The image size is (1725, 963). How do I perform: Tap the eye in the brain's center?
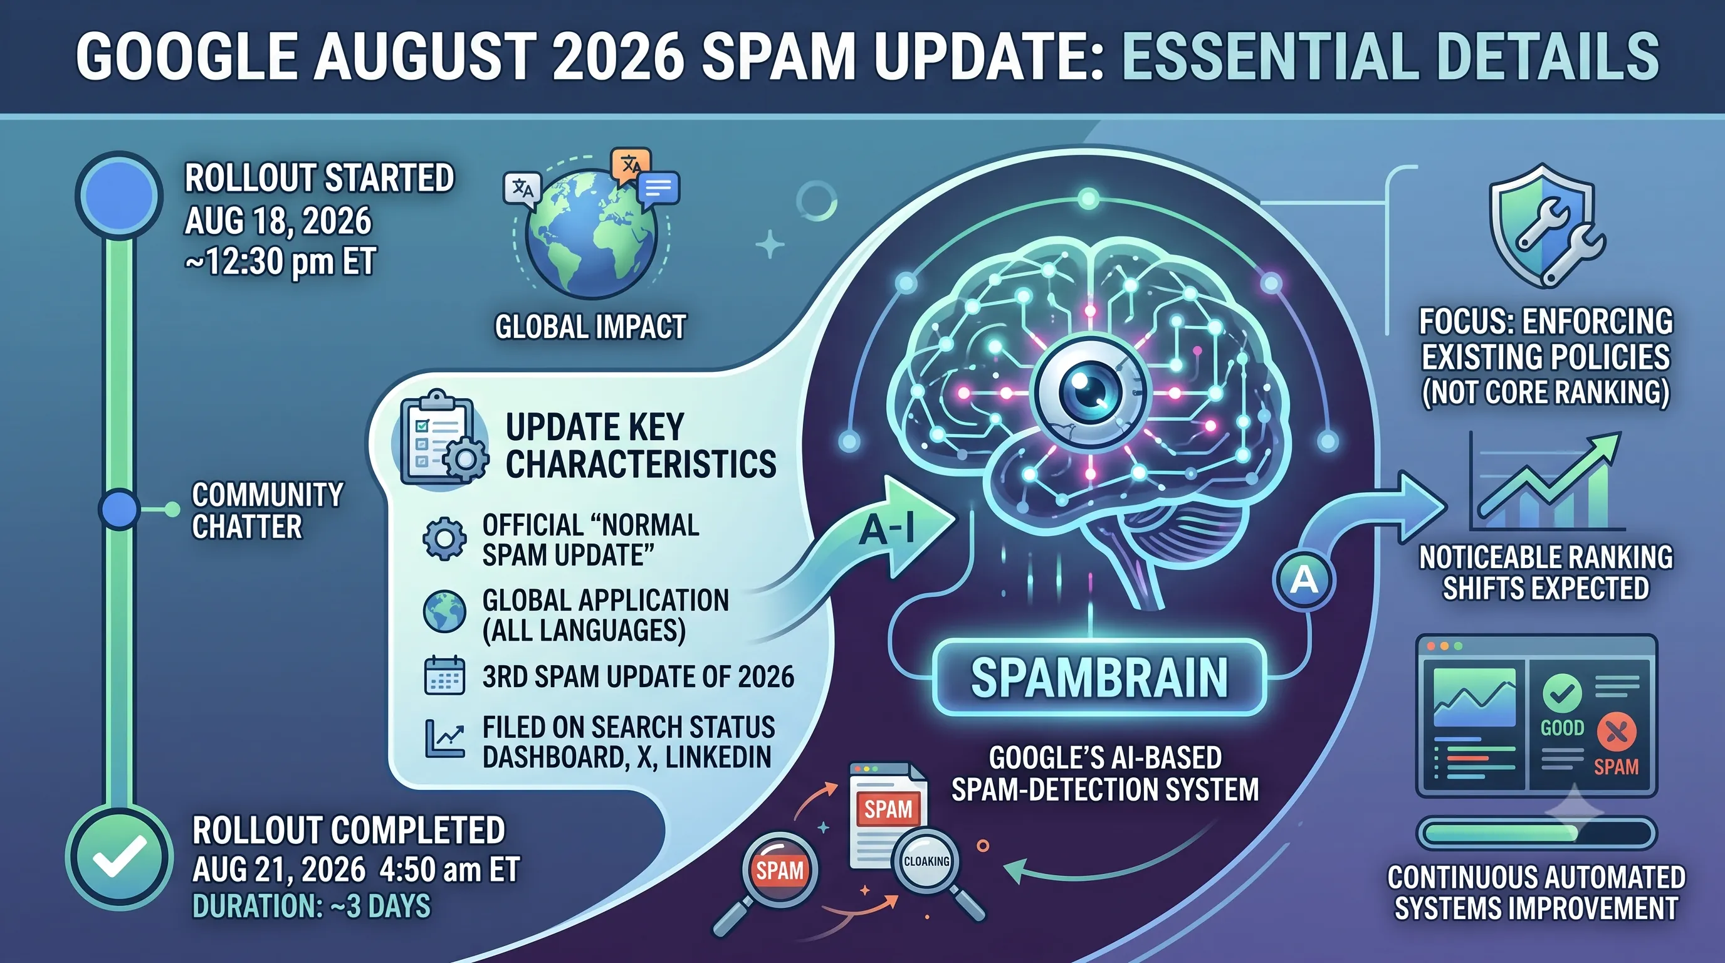click(1089, 391)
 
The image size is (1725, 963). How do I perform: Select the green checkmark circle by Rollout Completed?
click(119, 858)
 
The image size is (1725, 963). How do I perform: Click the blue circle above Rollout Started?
click(119, 195)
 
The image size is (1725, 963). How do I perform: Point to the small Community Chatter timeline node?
click(119, 509)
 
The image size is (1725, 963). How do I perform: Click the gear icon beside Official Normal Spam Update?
click(444, 539)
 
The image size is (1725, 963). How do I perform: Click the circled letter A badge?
click(1304, 579)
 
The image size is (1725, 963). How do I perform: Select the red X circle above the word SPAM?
click(1616, 732)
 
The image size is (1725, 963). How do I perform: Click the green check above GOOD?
click(1561, 694)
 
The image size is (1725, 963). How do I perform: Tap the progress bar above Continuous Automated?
click(1536, 833)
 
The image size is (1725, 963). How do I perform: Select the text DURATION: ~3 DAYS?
click(312, 907)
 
